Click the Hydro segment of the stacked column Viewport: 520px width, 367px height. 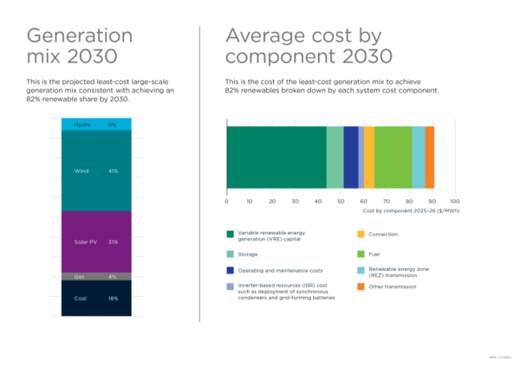(x=96, y=125)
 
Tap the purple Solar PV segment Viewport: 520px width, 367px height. (x=96, y=241)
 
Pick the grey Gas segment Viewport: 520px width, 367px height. (x=96, y=277)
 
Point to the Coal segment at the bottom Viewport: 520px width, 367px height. (x=96, y=299)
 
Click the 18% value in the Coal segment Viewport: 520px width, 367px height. (x=113, y=299)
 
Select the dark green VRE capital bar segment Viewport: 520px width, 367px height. (x=276, y=158)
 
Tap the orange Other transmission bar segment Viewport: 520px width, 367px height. (x=430, y=158)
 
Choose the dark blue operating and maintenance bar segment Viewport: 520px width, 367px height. (x=350, y=158)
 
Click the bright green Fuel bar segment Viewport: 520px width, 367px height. (x=393, y=158)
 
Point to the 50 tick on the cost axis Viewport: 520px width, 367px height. (x=341, y=201)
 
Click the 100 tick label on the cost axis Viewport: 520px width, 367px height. (x=453, y=201)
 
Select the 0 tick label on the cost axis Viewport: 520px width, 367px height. (x=226, y=201)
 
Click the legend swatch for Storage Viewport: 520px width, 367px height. (x=231, y=254)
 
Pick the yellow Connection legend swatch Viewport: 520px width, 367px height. (x=361, y=234)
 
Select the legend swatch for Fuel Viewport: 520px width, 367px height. (x=361, y=254)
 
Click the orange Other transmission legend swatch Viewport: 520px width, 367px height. (x=361, y=287)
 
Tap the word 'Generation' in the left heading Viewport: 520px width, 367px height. (x=80, y=35)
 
